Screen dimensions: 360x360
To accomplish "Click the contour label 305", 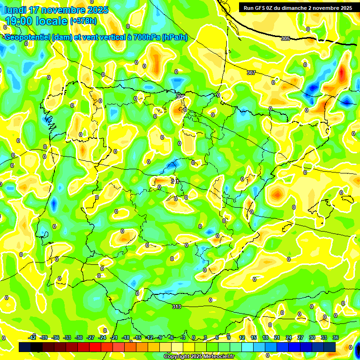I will [285, 38].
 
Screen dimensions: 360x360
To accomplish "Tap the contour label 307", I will [251, 73].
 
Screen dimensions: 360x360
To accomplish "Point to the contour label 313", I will [176, 307].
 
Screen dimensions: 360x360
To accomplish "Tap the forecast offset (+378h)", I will [84, 21].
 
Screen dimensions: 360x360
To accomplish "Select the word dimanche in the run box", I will [295, 8].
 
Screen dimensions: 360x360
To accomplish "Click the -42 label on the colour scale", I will [32, 337].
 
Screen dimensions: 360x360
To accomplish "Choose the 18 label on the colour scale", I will [265, 337].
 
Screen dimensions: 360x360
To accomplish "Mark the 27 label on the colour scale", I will [300, 337].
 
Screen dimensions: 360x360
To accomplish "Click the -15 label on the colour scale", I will [137, 337].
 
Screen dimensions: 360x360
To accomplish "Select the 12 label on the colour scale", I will [242, 337].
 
